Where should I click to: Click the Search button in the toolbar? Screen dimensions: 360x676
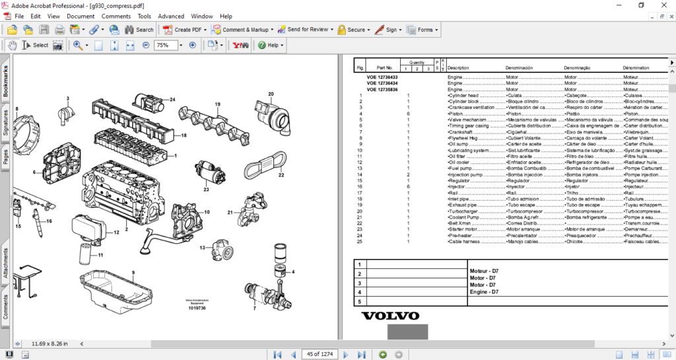pos(139,30)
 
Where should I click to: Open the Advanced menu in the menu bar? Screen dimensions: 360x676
pos(171,16)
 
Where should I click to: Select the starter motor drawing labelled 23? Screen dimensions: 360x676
pos(211,174)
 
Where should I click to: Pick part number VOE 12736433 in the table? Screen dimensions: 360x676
pos(382,77)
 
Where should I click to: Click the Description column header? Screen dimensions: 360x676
pos(458,68)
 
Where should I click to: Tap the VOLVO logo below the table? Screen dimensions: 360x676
pos(390,315)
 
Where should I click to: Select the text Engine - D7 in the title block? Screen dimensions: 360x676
pos(484,292)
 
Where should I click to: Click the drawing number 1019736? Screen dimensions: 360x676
pos(197,308)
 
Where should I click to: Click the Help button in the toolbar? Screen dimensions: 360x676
pos(271,46)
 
